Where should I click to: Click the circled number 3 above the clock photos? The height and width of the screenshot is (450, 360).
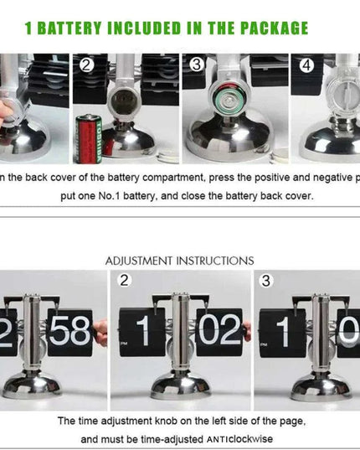tap(265, 281)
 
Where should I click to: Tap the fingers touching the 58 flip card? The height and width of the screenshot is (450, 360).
tap(100, 334)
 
